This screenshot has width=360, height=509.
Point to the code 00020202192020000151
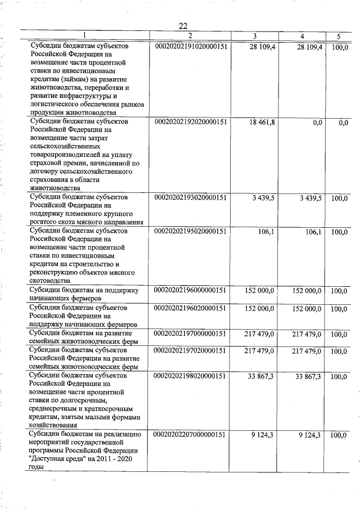point(190,121)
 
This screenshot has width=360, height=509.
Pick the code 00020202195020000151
point(190,231)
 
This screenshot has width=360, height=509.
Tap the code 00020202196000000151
point(190,290)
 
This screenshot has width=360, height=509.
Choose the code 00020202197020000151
point(190,350)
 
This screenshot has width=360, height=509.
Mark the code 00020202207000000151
point(190,435)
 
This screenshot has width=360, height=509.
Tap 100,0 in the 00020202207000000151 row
point(339,435)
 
